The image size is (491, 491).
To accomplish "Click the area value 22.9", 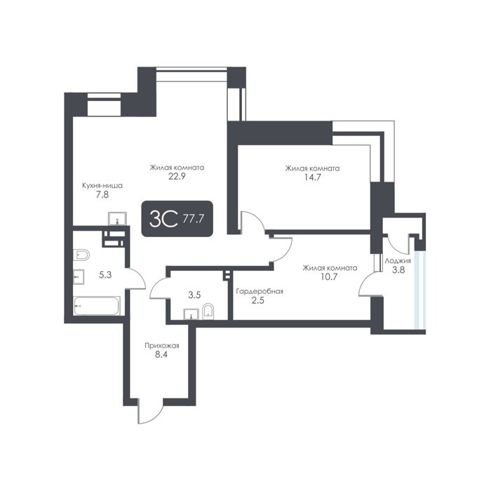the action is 177,176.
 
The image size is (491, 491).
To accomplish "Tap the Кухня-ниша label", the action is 102,186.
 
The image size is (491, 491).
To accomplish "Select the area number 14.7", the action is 313,177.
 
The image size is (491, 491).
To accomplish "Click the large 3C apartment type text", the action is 163,218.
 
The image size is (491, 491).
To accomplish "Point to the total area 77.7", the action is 193,219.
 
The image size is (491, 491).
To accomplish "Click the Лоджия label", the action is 398,261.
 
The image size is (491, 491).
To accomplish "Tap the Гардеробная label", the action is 260,292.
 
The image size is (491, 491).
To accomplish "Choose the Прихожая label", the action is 162,346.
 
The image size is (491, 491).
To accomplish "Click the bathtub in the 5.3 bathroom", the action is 97,306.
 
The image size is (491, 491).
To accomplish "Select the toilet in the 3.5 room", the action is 208,312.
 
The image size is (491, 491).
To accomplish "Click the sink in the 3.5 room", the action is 191,314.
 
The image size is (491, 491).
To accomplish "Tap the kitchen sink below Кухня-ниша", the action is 117,219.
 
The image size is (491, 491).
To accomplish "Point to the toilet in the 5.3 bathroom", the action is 81,255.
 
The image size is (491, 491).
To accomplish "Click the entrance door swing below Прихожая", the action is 150,412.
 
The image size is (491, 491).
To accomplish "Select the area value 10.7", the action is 330,277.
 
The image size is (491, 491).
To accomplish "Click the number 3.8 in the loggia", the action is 398,269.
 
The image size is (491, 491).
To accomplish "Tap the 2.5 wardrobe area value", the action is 258,301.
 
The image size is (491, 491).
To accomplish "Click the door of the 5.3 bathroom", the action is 136,278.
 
